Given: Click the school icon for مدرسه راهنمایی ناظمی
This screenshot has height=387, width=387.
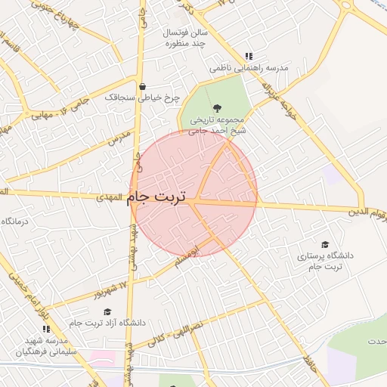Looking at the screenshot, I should [x=249, y=56].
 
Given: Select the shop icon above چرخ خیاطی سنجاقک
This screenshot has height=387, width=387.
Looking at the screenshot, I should [x=143, y=85].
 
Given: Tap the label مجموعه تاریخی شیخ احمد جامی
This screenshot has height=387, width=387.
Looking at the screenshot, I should [x=217, y=125].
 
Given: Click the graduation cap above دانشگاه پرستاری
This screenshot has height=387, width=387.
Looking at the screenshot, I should [x=325, y=244].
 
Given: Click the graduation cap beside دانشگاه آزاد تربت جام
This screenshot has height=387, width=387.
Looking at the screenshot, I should [x=107, y=311].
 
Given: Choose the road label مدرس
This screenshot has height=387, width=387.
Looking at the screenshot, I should [x=119, y=138].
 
